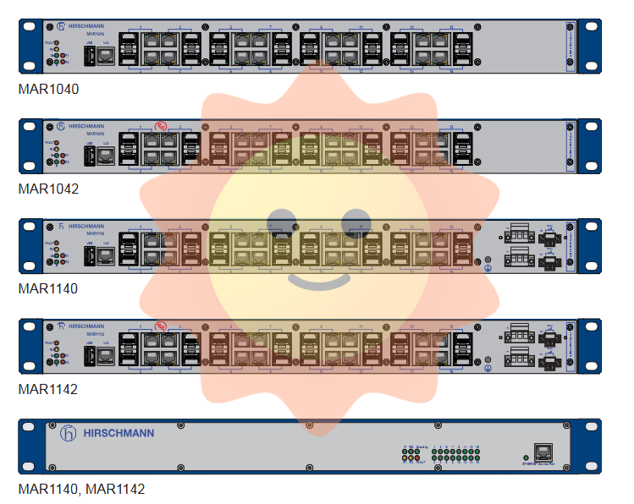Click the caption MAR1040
[48, 89]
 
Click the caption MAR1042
[48, 189]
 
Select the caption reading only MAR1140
[48, 289]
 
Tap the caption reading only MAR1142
[48, 390]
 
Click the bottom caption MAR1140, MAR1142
[81, 490]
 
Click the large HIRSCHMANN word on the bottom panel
[119, 433]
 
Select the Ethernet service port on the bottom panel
[540, 452]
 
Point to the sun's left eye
[280, 222]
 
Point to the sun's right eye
[356, 222]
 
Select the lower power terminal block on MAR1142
[515, 362]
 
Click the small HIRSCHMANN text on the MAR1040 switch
[86, 26]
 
